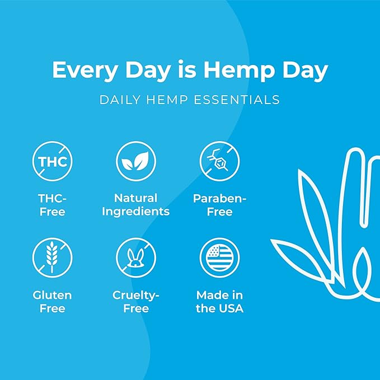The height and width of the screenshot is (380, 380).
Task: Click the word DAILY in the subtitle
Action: pyautogui.click(x=119, y=101)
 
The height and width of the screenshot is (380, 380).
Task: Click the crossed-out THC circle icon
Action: pyautogui.click(x=52, y=162)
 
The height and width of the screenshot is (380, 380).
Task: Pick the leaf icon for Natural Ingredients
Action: pyautogui.click(x=136, y=162)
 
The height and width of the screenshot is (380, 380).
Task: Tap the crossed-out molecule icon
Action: pyautogui.click(x=219, y=162)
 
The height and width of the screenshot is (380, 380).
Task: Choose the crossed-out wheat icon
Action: pyautogui.click(x=52, y=257)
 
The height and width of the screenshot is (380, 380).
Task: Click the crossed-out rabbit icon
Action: pyautogui.click(x=136, y=257)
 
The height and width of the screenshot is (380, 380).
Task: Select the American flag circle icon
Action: pyautogui.click(x=219, y=257)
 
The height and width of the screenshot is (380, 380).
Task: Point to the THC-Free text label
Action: pyautogui.click(x=52, y=205)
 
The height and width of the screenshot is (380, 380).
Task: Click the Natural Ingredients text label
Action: pyautogui.click(x=136, y=205)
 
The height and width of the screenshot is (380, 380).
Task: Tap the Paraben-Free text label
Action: pyautogui.click(x=219, y=205)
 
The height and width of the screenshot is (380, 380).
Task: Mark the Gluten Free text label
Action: pyautogui.click(x=52, y=302)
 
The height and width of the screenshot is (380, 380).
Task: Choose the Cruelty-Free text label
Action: pyautogui.click(x=136, y=302)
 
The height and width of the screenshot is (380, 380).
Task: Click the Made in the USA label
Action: pyautogui.click(x=219, y=302)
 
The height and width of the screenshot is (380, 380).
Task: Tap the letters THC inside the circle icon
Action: pyautogui.click(x=52, y=162)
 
